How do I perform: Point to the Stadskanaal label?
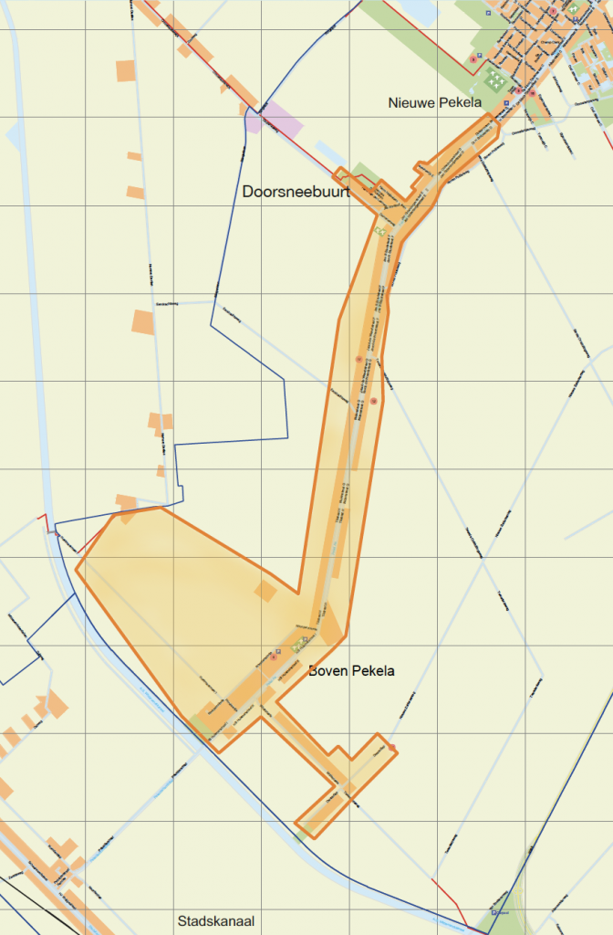[x=217, y=920]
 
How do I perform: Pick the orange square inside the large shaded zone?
[x=265, y=591]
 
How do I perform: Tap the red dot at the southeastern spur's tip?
[x=392, y=748]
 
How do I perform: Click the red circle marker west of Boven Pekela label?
[x=274, y=656]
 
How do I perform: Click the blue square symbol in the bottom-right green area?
[x=494, y=911]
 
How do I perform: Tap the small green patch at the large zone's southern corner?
[x=200, y=725]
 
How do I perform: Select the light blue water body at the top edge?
[x=421, y=11]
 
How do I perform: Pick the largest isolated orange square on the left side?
[x=143, y=322]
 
